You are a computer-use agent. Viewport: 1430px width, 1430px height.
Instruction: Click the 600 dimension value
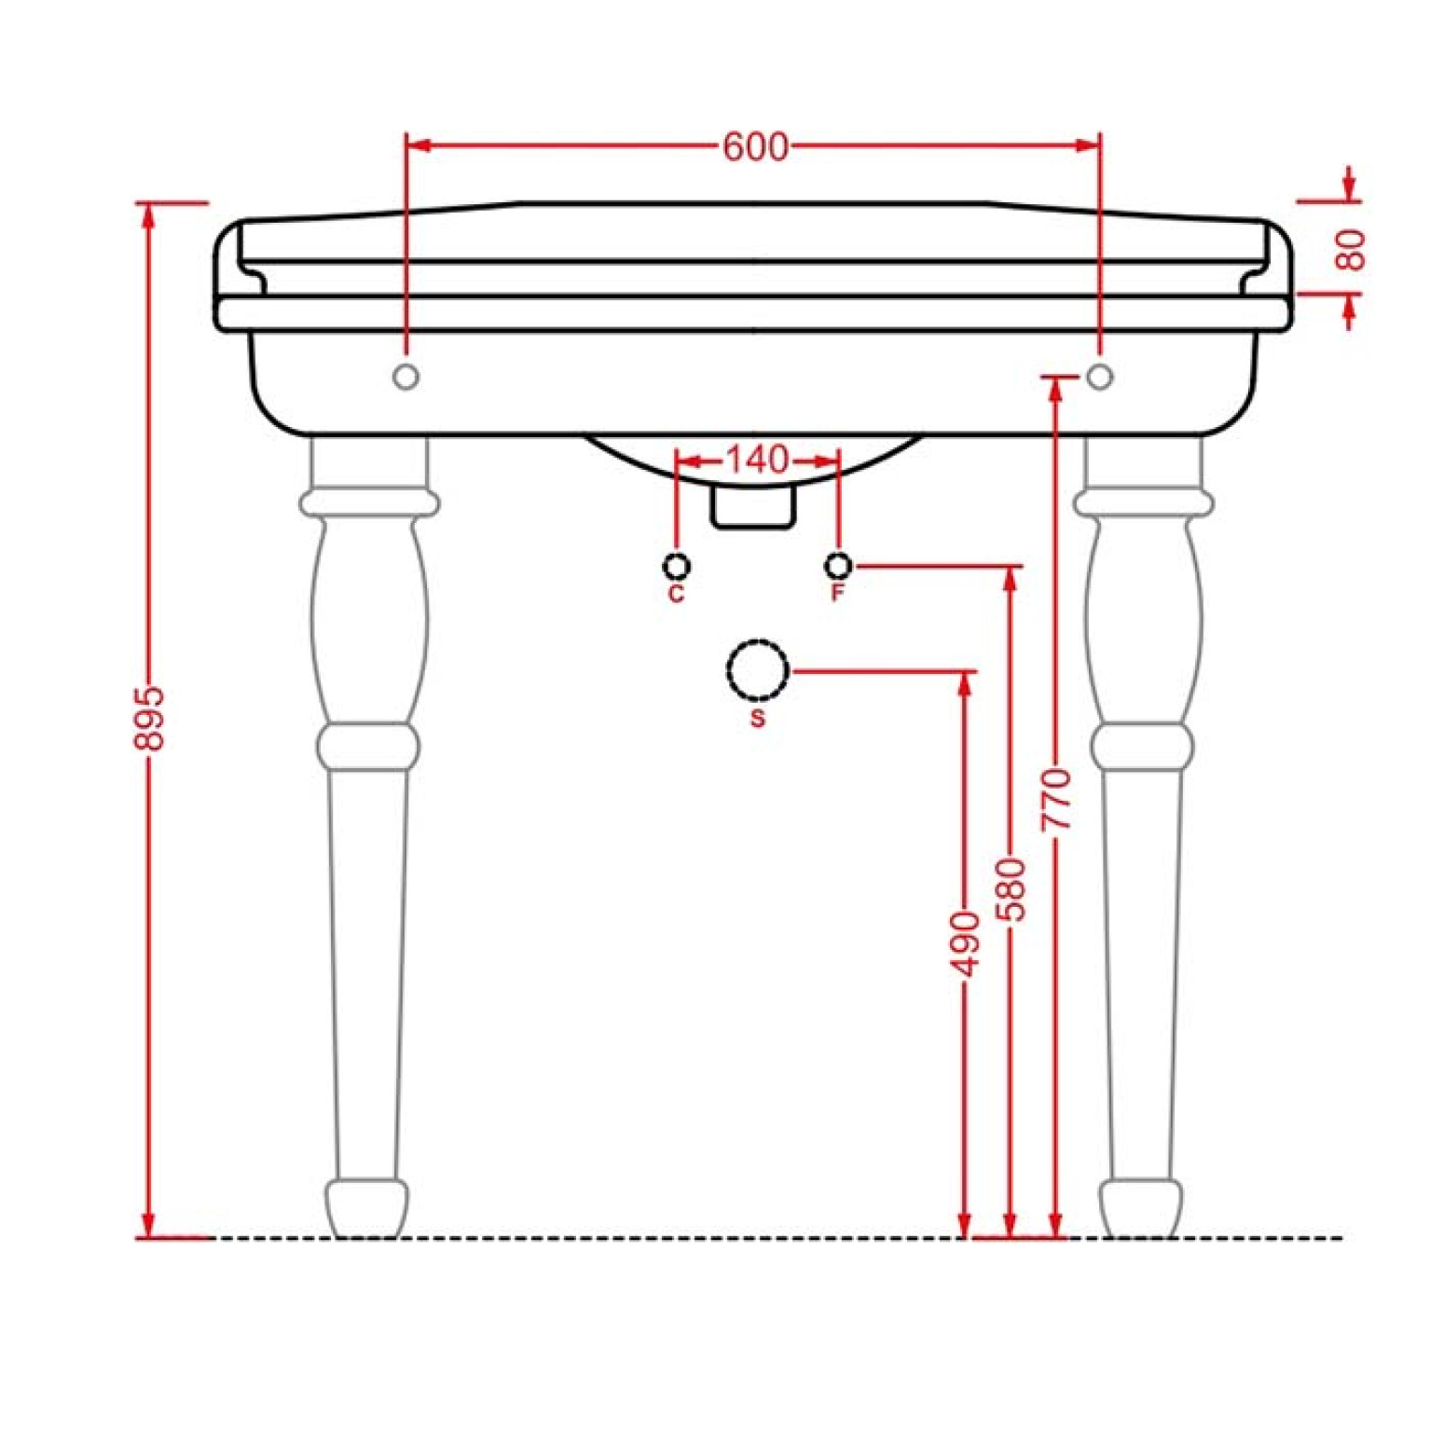(x=755, y=146)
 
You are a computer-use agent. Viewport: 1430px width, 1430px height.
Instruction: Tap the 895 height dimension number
(x=149, y=718)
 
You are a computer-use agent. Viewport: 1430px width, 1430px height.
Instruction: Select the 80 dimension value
(x=1350, y=250)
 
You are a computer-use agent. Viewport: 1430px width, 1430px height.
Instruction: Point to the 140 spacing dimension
(x=757, y=460)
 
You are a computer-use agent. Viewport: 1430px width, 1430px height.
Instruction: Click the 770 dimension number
(x=1057, y=800)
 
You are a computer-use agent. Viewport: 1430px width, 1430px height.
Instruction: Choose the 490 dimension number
(x=966, y=944)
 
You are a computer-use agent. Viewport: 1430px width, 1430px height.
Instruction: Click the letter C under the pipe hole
(x=677, y=594)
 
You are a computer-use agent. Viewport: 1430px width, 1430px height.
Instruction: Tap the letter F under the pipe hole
(x=838, y=593)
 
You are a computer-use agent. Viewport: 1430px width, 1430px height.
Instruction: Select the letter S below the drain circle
(x=758, y=719)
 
